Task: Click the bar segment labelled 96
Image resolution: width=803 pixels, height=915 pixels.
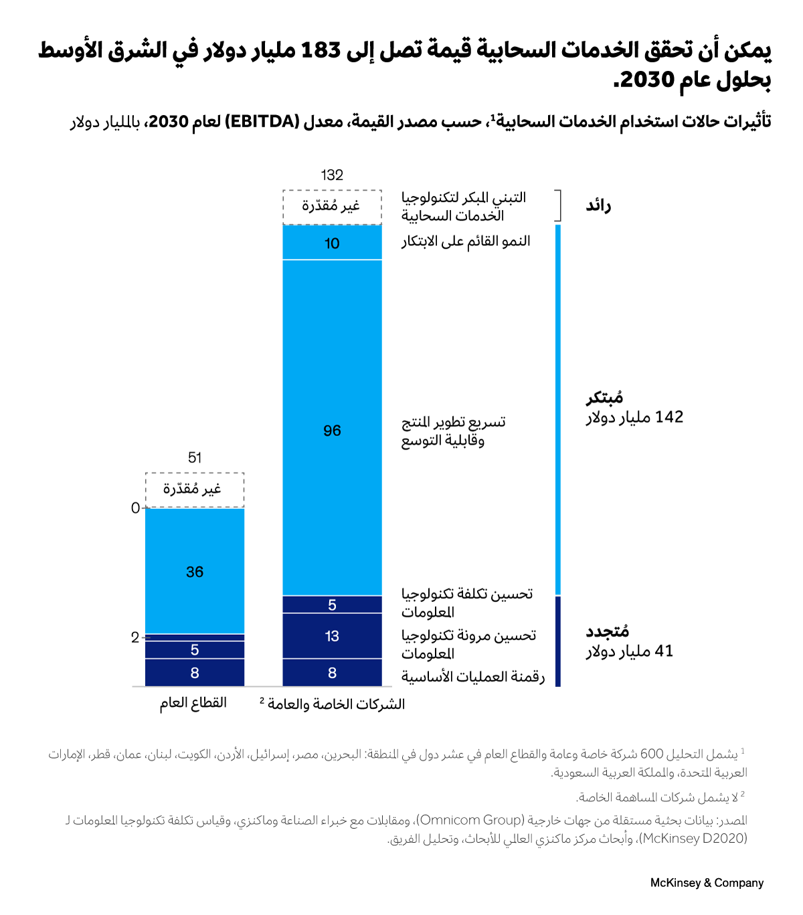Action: [x=332, y=428]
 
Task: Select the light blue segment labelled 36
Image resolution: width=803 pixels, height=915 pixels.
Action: [x=195, y=571]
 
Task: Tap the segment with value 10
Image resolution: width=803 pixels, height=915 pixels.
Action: [x=332, y=243]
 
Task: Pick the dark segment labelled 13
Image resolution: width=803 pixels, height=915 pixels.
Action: [x=332, y=635]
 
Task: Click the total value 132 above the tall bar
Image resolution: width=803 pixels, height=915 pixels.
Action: [x=332, y=175]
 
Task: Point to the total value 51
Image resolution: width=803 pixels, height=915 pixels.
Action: [x=195, y=458]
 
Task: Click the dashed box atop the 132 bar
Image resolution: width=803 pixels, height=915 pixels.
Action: [x=332, y=207]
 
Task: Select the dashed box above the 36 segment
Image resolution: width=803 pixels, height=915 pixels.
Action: [x=195, y=490]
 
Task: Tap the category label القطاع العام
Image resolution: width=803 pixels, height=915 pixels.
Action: [x=193, y=703]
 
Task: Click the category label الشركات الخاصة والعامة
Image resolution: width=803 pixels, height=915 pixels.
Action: [x=333, y=704]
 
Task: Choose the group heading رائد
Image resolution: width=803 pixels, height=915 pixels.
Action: [x=598, y=205]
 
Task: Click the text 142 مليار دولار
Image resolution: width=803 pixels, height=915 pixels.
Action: [x=634, y=417]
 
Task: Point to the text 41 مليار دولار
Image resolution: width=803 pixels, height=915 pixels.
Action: [x=630, y=651]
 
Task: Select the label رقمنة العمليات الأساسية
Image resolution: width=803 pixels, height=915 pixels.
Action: [x=473, y=677]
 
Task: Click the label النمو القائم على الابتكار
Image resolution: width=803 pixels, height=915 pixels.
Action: [x=466, y=241]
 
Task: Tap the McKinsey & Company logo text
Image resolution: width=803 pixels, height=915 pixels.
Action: [x=707, y=883]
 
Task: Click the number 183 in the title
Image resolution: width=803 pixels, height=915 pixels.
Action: [x=321, y=50]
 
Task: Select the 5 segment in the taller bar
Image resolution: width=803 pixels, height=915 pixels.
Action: [x=332, y=605]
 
